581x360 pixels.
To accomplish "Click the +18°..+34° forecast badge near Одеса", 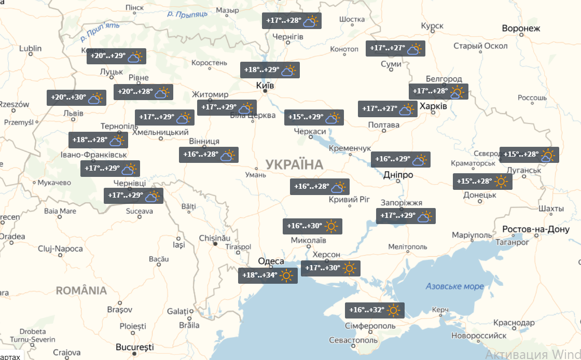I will pyautogui.click(x=268, y=275).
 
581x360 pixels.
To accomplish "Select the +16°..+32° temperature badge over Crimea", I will pyautogui.click(x=375, y=310).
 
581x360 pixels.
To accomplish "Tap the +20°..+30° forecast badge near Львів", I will pyautogui.click(x=76, y=98).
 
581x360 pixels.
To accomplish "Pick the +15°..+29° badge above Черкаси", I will pyautogui.click(x=314, y=118).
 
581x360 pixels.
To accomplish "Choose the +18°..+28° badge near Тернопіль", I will pyautogui.click(x=98, y=140).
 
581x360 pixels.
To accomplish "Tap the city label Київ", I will pyautogui.click(x=265, y=85).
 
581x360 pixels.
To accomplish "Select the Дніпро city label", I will pyautogui.click(x=398, y=175).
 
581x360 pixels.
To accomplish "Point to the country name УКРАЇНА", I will pyautogui.click(x=294, y=165).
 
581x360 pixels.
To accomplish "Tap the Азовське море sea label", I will pyautogui.click(x=454, y=286).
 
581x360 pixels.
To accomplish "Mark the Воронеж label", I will pyautogui.click(x=521, y=29).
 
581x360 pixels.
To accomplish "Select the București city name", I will pyautogui.click(x=135, y=346).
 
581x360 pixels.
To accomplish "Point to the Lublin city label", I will pyautogui.click(x=30, y=49).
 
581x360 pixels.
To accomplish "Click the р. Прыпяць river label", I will pyautogui.click(x=188, y=13).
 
